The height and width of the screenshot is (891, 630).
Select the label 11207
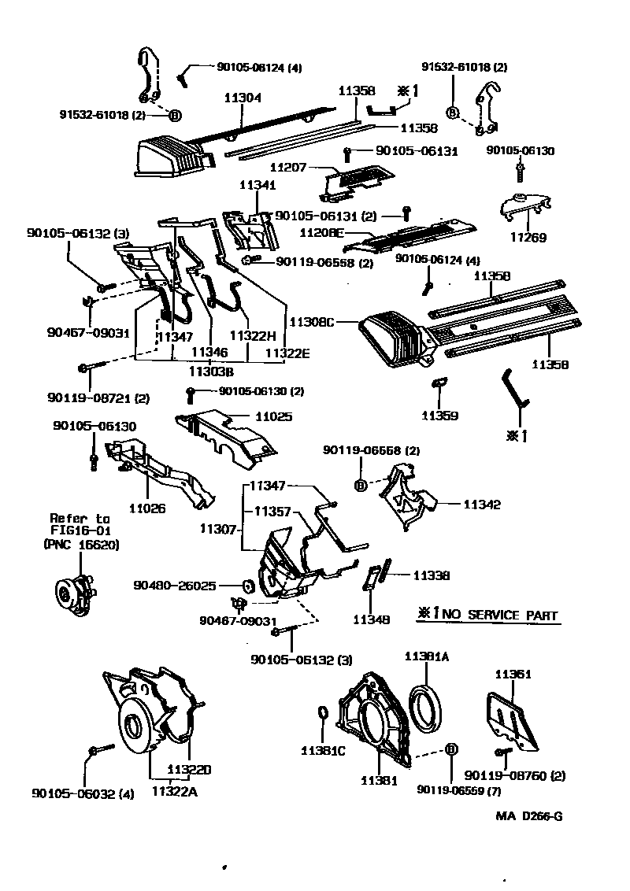288,168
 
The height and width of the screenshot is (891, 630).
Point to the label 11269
528,237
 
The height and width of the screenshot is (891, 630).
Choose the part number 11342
482,505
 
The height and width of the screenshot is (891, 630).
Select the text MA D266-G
528,815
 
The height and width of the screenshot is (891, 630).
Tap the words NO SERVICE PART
499,616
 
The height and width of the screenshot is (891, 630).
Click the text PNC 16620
80,544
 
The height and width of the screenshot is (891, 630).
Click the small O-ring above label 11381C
322,714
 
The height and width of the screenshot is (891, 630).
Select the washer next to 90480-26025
246,586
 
